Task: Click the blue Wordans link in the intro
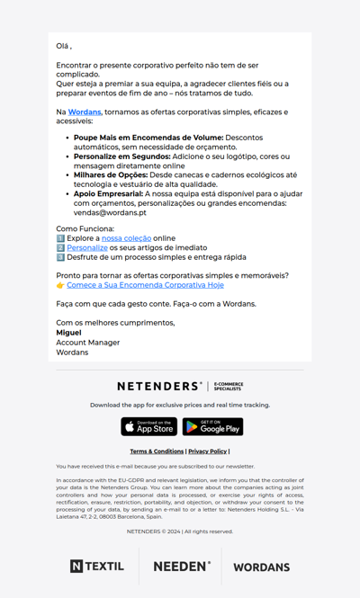[85, 112]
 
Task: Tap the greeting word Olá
[62, 46]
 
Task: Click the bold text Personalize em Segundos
[121, 156]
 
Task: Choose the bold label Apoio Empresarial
[108, 193]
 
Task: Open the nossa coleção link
[125, 238]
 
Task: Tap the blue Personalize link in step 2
[86, 247]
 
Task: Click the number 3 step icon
[60, 257]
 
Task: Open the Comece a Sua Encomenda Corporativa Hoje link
[145, 285]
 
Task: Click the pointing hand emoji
[60, 285]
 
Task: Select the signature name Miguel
[68, 333]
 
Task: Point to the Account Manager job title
[87, 343]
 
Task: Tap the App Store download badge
[149, 426]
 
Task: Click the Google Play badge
[212, 426]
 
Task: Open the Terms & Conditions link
[157, 451]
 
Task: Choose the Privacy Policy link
[207, 451]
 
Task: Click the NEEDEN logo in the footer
[182, 567]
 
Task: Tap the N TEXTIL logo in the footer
[97, 567]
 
